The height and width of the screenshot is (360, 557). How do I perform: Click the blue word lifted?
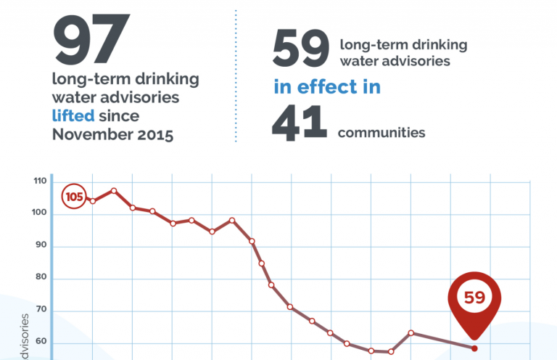click(x=72, y=115)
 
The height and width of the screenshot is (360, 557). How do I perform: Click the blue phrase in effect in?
click(x=326, y=88)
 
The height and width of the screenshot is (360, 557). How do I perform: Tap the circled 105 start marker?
click(x=74, y=197)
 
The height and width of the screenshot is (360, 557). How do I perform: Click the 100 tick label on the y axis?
click(x=38, y=213)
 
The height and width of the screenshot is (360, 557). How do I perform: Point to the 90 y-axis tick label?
click(x=41, y=245)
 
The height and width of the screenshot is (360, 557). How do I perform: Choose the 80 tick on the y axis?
click(x=41, y=278)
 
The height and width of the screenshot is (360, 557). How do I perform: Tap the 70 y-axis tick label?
click(x=41, y=311)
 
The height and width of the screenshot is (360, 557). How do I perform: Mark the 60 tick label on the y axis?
click(x=41, y=343)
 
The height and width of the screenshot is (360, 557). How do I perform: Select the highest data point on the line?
click(x=114, y=191)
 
